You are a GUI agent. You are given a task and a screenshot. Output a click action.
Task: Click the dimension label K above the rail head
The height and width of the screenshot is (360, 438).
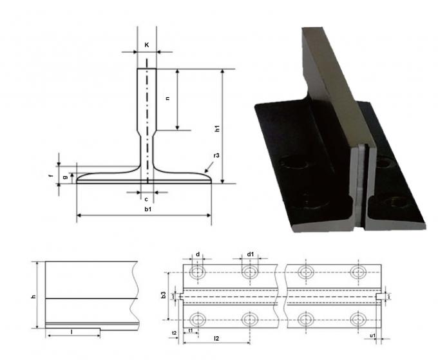tap(147, 45)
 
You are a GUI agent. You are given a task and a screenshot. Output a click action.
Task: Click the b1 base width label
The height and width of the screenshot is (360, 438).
tap(148, 209)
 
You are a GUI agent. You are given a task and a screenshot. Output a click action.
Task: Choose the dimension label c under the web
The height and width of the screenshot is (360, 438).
tap(147, 199)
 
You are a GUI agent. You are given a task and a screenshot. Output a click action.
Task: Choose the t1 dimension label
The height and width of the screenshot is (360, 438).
tap(190, 330)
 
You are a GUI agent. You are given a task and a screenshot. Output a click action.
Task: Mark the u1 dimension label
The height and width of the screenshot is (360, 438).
tap(373, 336)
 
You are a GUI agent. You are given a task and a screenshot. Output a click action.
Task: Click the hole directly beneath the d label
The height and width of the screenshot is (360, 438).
tap(198, 273)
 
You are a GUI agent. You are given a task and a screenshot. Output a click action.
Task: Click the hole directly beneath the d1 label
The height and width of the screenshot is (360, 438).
tap(249, 273)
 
